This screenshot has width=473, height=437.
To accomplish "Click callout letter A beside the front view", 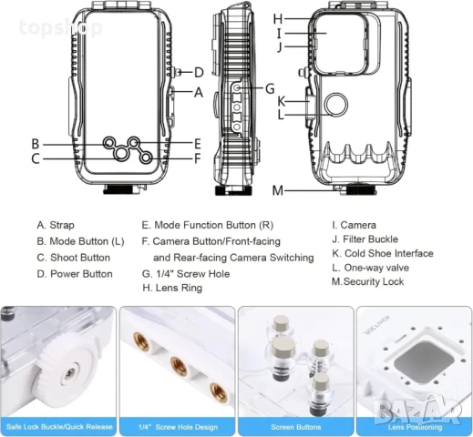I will click(199, 92).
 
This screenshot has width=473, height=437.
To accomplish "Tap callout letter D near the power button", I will click(199, 71).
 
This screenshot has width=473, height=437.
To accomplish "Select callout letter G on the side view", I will click(270, 88).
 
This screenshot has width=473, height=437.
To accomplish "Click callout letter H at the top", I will click(278, 18).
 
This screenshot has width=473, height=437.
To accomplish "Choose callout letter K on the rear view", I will click(282, 100).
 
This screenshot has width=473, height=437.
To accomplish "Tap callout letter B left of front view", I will click(35, 143).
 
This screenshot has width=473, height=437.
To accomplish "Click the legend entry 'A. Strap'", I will click(56, 225).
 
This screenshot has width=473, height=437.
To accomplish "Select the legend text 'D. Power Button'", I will click(75, 273).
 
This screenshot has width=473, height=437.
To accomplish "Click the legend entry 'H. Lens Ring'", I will click(172, 289).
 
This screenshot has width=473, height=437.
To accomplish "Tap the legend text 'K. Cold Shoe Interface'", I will click(382, 253).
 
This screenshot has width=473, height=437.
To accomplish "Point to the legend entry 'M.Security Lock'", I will click(367, 282).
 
